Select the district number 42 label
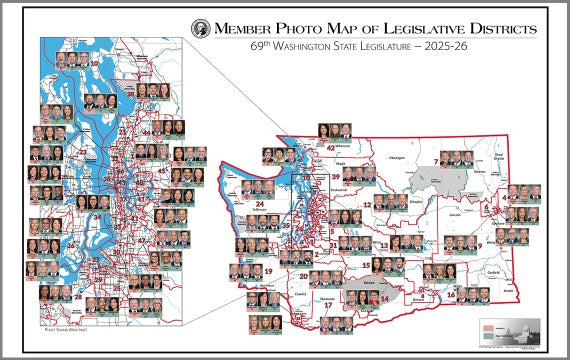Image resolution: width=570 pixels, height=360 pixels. click(331, 148)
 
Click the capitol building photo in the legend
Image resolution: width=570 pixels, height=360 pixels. click(526, 331)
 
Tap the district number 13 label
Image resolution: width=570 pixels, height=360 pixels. click(384, 245)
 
